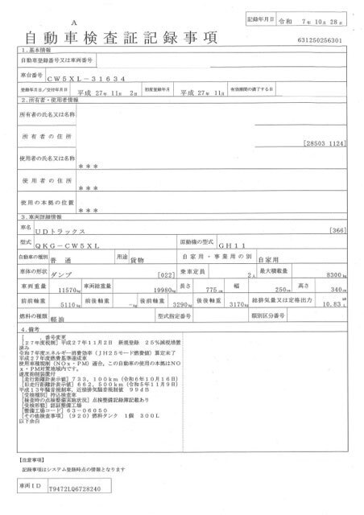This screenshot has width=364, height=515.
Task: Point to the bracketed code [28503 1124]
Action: click(x=325, y=143)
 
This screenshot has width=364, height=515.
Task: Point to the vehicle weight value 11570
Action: click(x=68, y=289)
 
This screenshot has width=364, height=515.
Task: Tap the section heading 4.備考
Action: click(x=31, y=331)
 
